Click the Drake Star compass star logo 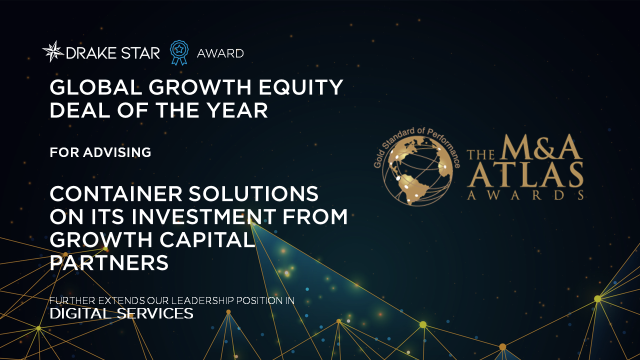(x=53, y=51)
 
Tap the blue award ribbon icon (x=179, y=52)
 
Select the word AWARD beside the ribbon (x=220, y=53)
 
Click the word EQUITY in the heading (x=301, y=87)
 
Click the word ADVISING (x=117, y=152)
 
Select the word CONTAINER (x=116, y=193)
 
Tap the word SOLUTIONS (x=253, y=193)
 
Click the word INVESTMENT (x=203, y=216)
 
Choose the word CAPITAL (x=207, y=239)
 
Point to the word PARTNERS (x=109, y=262)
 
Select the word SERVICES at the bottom (x=155, y=313)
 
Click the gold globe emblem (x=417, y=170)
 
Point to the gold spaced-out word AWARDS (x=525, y=195)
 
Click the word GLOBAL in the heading (x=95, y=87)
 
